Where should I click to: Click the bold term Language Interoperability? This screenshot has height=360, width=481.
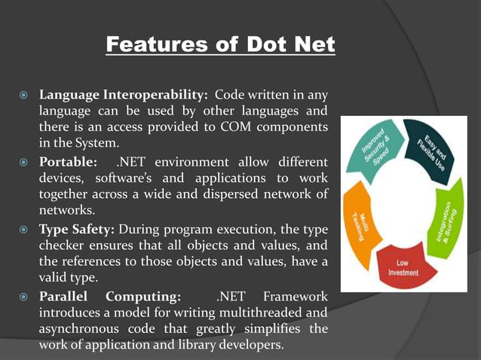pyautogui.click(x=124, y=96)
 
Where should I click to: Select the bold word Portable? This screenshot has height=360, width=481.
pyautogui.click(x=68, y=162)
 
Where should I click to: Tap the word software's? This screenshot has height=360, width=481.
pyautogui.click(x=125, y=178)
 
